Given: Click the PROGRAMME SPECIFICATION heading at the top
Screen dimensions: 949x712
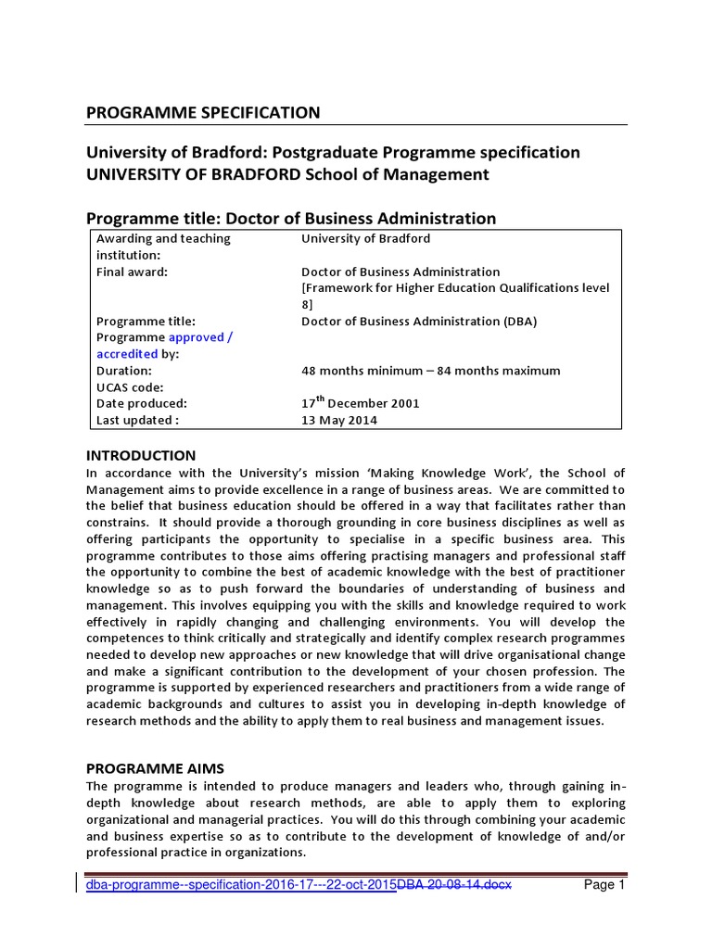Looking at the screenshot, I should [x=203, y=112].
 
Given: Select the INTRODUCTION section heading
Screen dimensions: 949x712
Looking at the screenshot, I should [x=141, y=455].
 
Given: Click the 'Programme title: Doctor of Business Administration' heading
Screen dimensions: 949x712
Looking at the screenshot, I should [x=291, y=218].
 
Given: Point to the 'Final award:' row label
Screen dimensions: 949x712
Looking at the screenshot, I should [x=130, y=272].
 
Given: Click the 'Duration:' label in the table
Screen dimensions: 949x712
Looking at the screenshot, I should [x=124, y=371].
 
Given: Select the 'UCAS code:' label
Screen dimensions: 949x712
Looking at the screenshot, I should [x=130, y=386].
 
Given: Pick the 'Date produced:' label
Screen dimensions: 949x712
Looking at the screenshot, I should [x=142, y=403].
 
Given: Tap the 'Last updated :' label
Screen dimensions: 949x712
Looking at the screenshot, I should [x=137, y=420].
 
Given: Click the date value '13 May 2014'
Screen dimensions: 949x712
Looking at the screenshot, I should [x=339, y=420].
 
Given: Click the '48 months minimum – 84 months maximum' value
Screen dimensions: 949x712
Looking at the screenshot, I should [x=431, y=371].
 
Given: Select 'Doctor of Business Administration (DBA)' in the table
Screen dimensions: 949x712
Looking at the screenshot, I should [x=419, y=322].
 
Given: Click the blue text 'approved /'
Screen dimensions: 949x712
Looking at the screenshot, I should [x=200, y=337].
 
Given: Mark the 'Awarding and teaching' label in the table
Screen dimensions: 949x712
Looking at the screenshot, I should [x=164, y=238].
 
